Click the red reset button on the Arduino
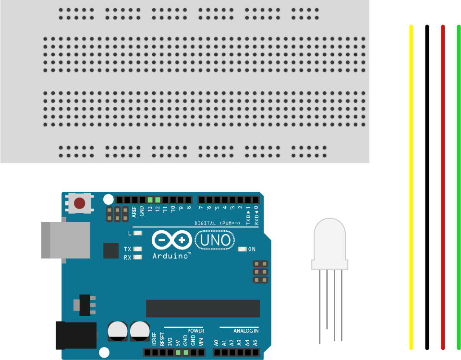(80, 203)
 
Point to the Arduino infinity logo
(172, 240)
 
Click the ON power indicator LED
(242, 249)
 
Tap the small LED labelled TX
(138, 249)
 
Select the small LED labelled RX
(138, 257)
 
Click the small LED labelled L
(138, 233)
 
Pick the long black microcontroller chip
(203, 309)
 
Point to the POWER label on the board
(195, 331)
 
